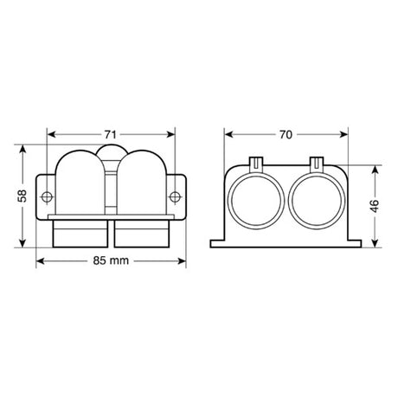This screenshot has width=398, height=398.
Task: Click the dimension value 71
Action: pos(110,135)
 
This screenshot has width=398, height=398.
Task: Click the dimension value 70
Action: pos(286,135)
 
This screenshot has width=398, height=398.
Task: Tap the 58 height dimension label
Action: pos(22,196)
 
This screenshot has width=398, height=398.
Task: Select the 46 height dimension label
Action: pos(375,206)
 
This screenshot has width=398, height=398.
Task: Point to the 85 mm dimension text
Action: pos(111,261)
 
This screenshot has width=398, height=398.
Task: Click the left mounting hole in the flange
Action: pos(47,197)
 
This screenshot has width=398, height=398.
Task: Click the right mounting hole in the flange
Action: pos(175,197)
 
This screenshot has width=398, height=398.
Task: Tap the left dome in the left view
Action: pos(80,183)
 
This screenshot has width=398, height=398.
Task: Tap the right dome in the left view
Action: pos(142,183)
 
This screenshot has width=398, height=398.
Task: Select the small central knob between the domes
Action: pos(111,151)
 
